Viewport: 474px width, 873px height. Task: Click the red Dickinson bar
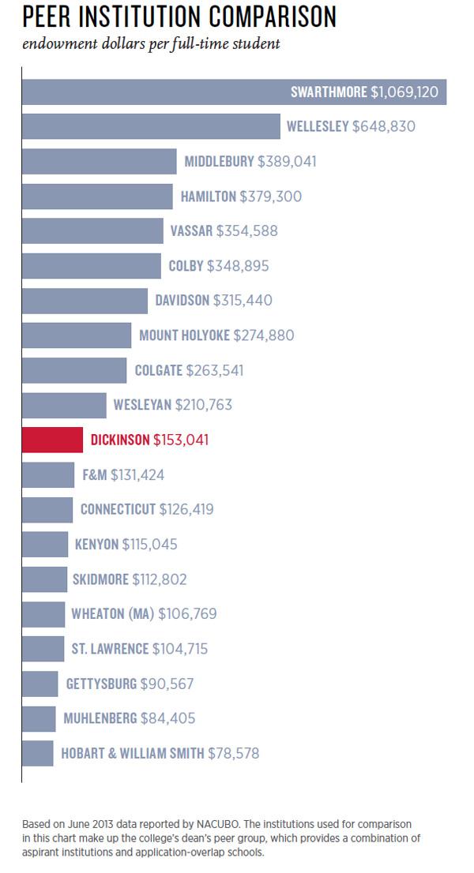(52, 440)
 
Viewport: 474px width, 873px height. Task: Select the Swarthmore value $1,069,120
(404, 92)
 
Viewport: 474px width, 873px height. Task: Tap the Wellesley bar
(150, 126)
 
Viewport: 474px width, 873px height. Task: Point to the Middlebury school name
(220, 161)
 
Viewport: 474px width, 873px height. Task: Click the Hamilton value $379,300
(271, 196)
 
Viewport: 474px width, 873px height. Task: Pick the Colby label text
(186, 266)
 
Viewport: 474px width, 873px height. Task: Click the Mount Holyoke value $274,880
(264, 335)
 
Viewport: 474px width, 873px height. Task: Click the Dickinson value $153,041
(181, 440)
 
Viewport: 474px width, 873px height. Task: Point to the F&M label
(95, 474)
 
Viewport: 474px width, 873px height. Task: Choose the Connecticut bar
(47, 509)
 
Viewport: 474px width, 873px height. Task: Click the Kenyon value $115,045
(150, 544)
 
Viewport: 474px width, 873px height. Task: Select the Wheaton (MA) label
(113, 613)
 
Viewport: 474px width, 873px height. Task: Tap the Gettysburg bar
(39, 684)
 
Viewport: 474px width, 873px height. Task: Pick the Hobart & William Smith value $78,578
(234, 753)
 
